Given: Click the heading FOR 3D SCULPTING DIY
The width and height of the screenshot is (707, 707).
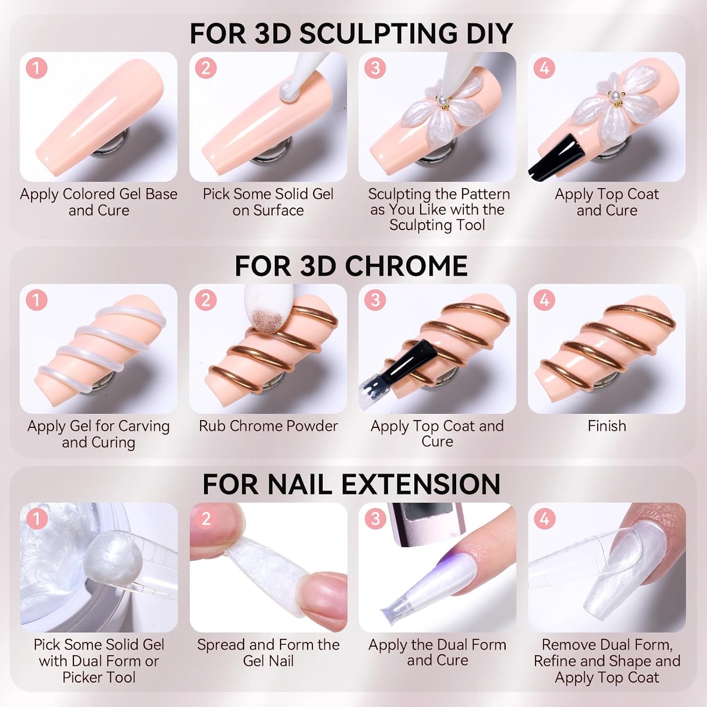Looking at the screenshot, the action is [x=351, y=33].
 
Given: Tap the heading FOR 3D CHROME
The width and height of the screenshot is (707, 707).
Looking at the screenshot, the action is [x=351, y=266].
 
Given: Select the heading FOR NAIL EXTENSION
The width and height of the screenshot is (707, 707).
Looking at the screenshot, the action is [x=351, y=484].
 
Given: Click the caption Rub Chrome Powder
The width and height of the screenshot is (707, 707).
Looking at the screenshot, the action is [x=268, y=426].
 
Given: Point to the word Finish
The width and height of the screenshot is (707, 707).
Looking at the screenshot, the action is [x=607, y=426].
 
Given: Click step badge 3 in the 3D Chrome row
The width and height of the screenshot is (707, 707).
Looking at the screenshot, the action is [x=375, y=300].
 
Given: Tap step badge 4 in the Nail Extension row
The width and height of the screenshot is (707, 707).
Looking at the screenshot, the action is [x=544, y=519].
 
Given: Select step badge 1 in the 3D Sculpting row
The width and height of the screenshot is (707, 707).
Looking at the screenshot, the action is [x=36, y=68].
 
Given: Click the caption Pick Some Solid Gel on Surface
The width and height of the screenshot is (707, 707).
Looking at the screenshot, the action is [x=268, y=202].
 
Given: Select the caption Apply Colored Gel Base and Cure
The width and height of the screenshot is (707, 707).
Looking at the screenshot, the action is [x=99, y=202].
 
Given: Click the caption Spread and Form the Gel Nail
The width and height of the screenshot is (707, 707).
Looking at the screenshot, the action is [x=268, y=652].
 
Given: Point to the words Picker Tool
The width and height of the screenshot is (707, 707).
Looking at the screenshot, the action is [x=99, y=677].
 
